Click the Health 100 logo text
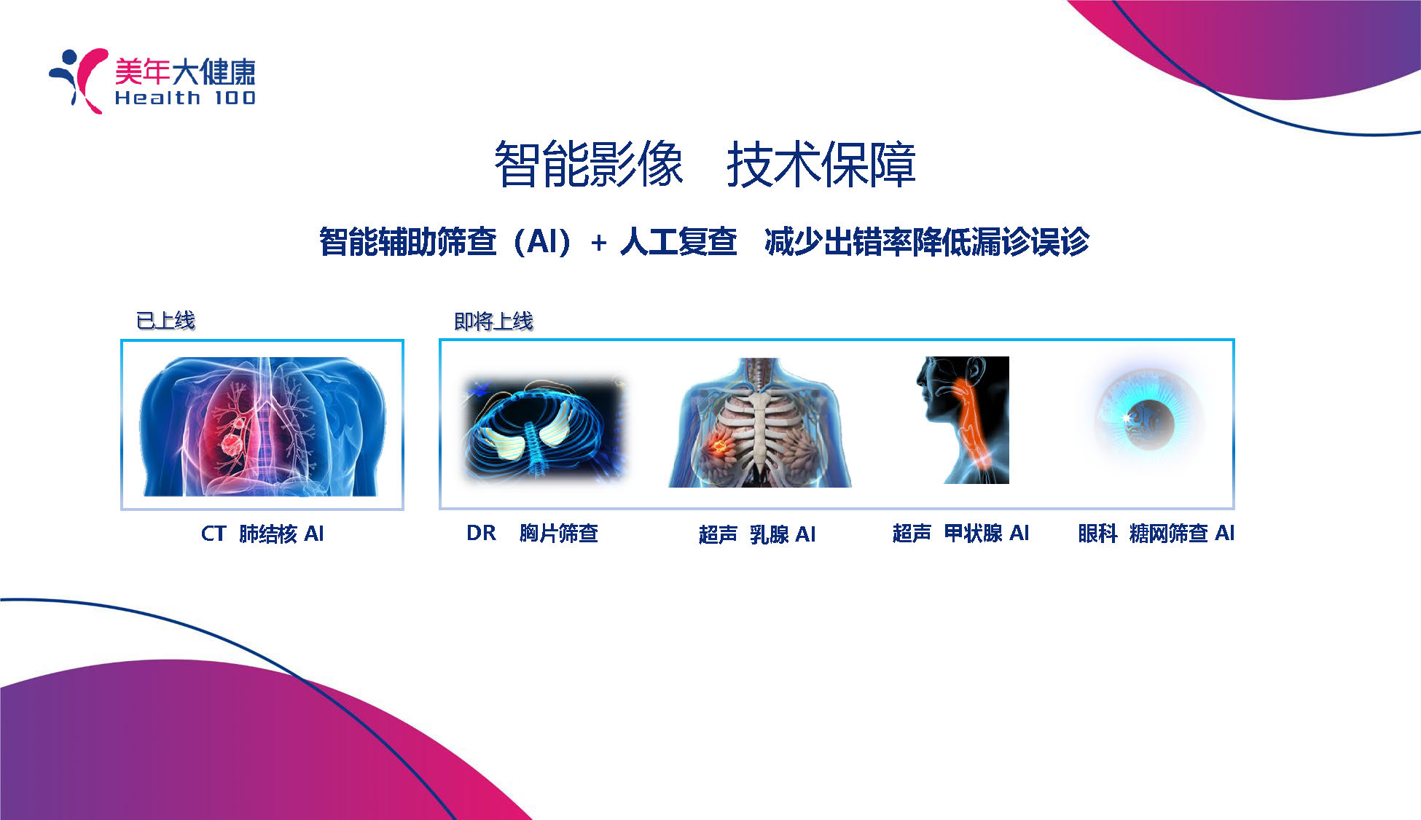coord(185,98)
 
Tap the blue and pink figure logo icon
coord(79,80)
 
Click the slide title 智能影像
coord(589,165)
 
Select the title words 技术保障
coord(821,165)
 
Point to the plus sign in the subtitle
coord(599,243)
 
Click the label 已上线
coord(165,320)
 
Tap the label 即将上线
coord(493,321)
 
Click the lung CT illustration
coord(262,426)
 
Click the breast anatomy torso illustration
coord(759,423)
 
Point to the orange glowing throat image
coord(963,420)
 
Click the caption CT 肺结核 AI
coord(262,534)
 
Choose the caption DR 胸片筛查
coord(532,533)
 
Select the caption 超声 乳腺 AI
coord(757,534)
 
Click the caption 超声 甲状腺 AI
coord(960,533)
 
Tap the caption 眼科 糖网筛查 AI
coord(1156,533)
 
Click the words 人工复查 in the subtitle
coord(678,242)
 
